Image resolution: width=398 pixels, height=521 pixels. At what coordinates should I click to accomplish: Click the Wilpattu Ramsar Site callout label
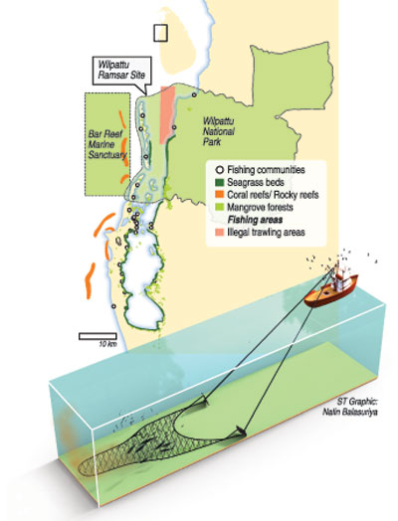point(121,71)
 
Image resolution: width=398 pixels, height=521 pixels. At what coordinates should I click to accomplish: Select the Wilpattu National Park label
point(219,131)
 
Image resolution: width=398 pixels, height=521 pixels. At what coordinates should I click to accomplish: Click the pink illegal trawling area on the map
point(167,114)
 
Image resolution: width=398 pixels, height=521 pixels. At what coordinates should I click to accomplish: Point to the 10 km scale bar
point(98,336)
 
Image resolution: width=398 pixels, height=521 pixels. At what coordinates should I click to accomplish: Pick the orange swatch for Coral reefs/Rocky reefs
point(220,194)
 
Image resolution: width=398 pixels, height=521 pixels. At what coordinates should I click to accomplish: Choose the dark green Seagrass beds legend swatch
point(220,182)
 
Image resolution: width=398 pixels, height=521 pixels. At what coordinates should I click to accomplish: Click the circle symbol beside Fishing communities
point(220,170)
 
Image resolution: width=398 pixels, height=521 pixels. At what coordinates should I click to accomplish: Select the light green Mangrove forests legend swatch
point(220,207)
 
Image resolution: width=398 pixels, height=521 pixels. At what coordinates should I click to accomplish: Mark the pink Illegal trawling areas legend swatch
point(220,232)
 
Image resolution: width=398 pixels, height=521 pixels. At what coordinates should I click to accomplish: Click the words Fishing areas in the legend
point(255,220)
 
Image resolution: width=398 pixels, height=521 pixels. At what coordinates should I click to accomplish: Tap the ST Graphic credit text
point(357,402)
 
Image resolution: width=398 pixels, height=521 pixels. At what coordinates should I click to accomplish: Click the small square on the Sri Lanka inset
point(160,33)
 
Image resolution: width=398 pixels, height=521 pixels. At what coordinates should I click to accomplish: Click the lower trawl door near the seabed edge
point(240,431)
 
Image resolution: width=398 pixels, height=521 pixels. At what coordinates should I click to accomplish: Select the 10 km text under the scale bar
point(107,344)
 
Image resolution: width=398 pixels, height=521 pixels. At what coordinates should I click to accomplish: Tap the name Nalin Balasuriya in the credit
point(350,412)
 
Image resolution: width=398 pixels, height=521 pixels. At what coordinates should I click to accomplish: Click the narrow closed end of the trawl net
point(84,468)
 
